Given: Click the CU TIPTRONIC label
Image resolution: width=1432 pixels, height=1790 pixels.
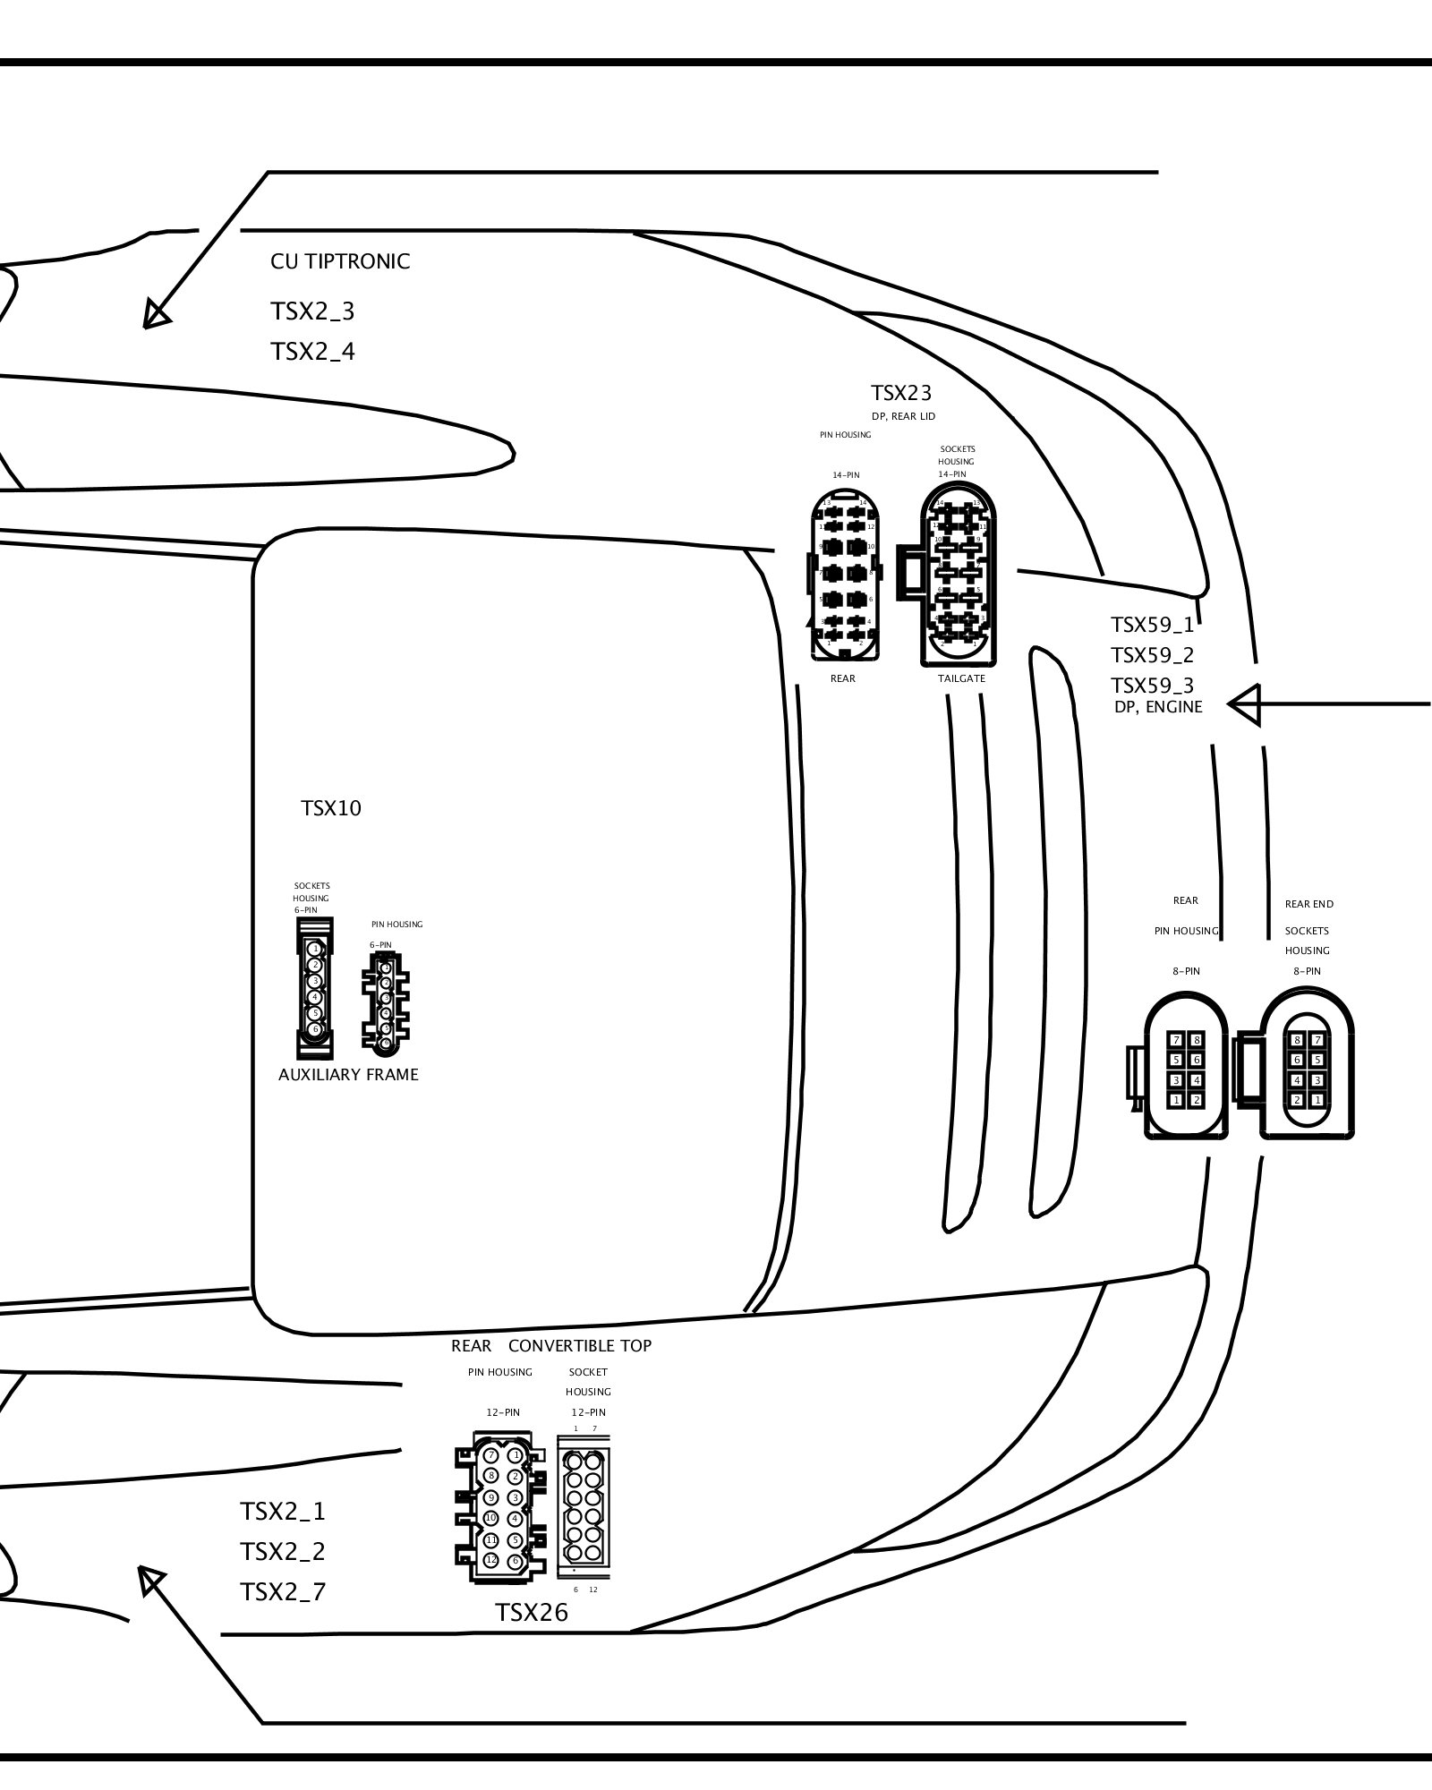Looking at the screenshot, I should click(x=340, y=261).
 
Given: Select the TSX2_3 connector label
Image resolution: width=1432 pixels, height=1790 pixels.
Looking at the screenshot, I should click(x=312, y=311).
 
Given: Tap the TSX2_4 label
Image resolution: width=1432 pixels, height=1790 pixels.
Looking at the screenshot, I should click(x=312, y=352).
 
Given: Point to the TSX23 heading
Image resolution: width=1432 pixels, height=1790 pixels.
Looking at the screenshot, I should click(x=901, y=393).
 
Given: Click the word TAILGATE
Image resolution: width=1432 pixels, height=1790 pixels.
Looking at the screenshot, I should click(x=961, y=678).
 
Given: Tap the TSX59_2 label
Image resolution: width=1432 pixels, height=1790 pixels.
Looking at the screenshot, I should click(x=1152, y=655).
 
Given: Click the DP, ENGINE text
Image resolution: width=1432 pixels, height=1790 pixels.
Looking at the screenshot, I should click(x=1158, y=707).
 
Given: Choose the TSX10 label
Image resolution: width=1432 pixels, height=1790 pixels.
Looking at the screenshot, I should click(x=331, y=808).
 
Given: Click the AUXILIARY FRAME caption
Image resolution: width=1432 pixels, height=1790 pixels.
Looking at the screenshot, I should click(x=348, y=1075).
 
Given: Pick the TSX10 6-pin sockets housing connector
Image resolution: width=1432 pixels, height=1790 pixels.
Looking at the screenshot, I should click(x=314, y=988).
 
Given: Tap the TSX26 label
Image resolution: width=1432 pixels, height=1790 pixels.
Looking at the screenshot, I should click(x=532, y=1612).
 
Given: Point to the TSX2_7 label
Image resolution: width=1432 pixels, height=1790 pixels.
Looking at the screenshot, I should click(x=283, y=1592).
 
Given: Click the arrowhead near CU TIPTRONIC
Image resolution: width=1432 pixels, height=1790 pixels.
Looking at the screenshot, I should click(x=156, y=314).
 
